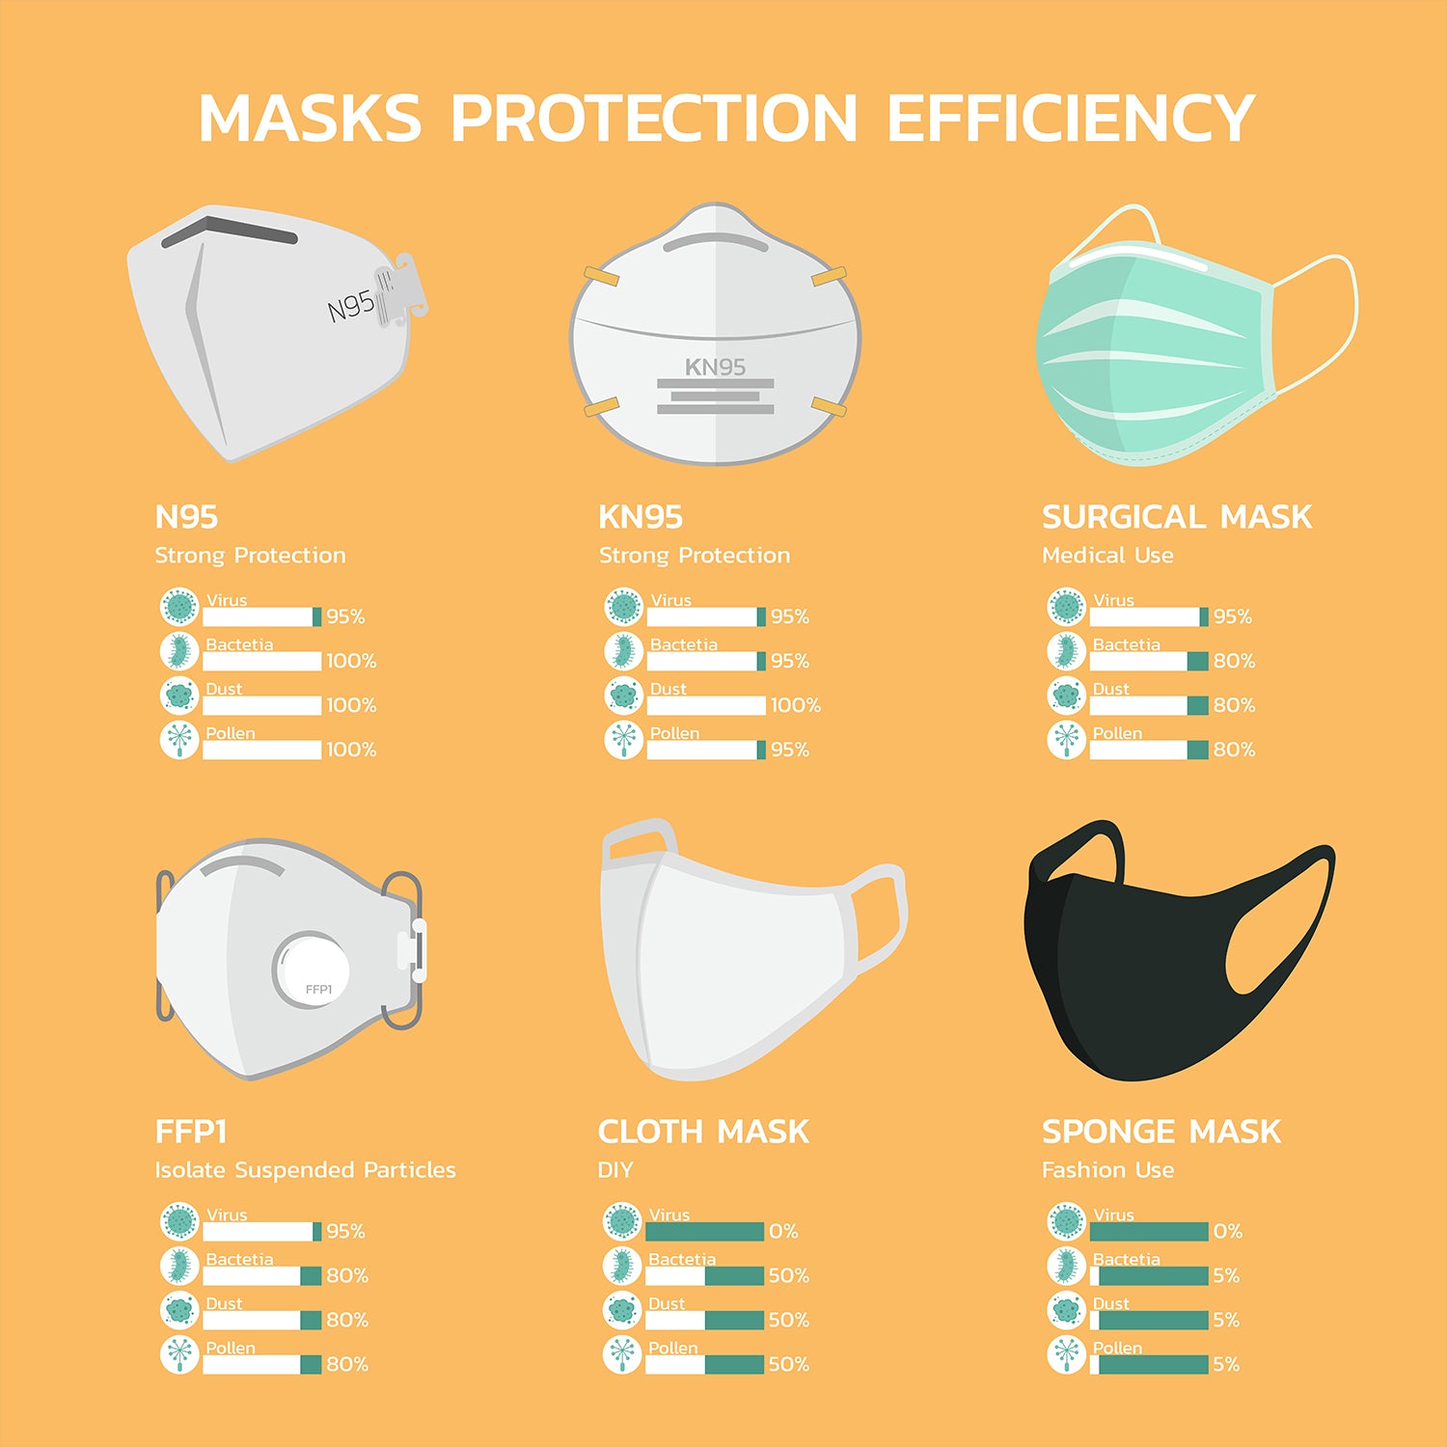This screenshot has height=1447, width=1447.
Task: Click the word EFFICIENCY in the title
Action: [x=1070, y=119]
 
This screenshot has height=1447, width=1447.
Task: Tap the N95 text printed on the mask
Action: [x=351, y=307]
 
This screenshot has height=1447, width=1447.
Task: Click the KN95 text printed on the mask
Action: [x=715, y=368]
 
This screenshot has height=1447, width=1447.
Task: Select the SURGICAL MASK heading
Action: [x=1177, y=517]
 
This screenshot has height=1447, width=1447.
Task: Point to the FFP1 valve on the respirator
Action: [x=313, y=969]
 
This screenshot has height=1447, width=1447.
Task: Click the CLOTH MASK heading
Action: [x=703, y=1132]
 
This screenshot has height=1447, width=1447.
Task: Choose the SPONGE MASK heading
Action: [x=1161, y=1132]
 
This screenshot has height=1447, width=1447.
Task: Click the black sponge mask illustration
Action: [x=1148, y=955]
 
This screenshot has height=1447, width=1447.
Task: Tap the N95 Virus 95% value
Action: [x=345, y=616]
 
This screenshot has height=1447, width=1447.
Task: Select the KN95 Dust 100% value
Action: [x=796, y=705]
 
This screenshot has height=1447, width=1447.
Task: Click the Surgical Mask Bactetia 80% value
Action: [x=1235, y=661]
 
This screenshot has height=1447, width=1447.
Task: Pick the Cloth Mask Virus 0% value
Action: [x=783, y=1231]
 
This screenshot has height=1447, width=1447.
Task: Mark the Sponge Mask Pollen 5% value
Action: [x=1226, y=1364]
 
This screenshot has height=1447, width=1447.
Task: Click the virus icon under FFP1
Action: [x=179, y=1221]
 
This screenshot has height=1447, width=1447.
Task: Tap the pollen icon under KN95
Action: [x=623, y=740]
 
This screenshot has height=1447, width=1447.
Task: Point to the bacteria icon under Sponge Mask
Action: [x=1066, y=1266]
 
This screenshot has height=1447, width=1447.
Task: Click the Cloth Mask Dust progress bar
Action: [x=704, y=1320]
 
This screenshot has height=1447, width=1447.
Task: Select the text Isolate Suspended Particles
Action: [x=305, y=1170]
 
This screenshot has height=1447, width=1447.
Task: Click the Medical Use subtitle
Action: [x=1107, y=556]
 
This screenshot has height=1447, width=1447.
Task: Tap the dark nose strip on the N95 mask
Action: [x=230, y=231]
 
